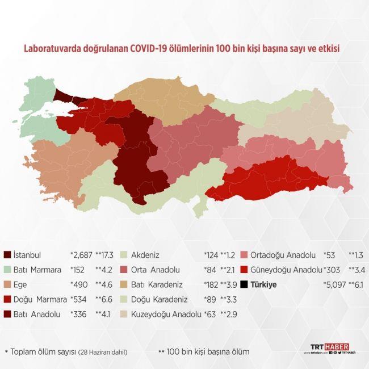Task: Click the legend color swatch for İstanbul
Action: (7, 255)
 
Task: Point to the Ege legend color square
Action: (7, 284)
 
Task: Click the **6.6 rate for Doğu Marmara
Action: (111, 299)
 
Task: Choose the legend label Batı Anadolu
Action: (37, 314)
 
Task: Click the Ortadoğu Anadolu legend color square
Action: (244, 255)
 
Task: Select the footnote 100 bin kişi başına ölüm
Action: (208, 352)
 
